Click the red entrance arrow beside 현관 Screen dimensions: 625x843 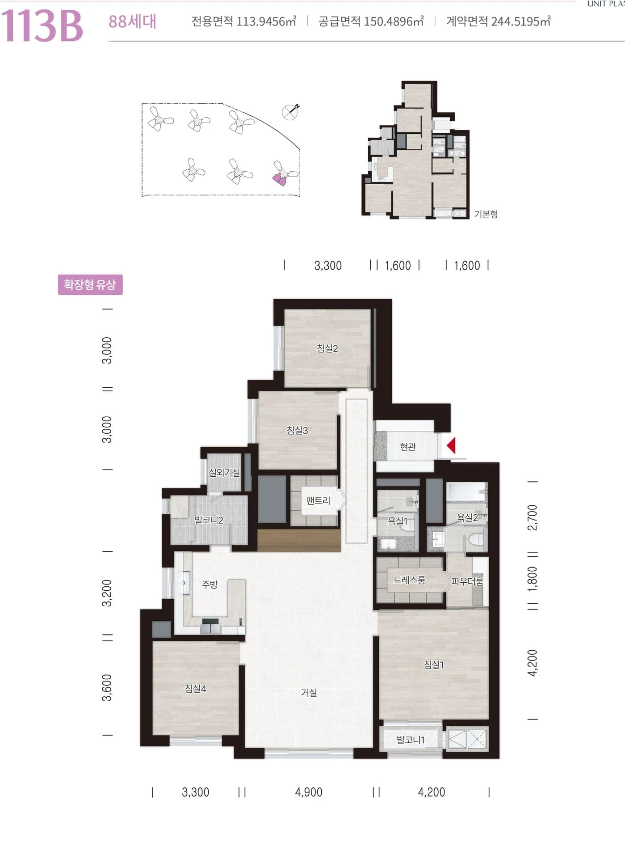(451, 445)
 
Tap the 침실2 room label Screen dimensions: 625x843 (327, 348)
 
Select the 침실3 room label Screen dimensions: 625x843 (298, 430)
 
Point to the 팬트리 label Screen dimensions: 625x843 (318, 501)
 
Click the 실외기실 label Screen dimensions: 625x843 (224, 472)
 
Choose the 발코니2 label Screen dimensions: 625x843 (209, 520)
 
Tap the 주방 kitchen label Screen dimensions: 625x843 (210, 584)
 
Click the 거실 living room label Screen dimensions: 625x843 (309, 692)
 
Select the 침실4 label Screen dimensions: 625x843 (196, 689)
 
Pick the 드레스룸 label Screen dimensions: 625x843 (409, 580)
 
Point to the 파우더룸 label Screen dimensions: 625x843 (467, 581)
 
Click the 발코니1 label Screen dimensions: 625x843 (411, 740)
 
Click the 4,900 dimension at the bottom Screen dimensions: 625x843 (309, 792)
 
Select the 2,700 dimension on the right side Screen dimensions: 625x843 (533, 517)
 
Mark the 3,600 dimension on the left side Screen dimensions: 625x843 (107, 687)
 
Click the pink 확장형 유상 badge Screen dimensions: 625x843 (90, 284)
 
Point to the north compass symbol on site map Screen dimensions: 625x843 (290, 111)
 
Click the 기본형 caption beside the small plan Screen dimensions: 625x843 (486, 214)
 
